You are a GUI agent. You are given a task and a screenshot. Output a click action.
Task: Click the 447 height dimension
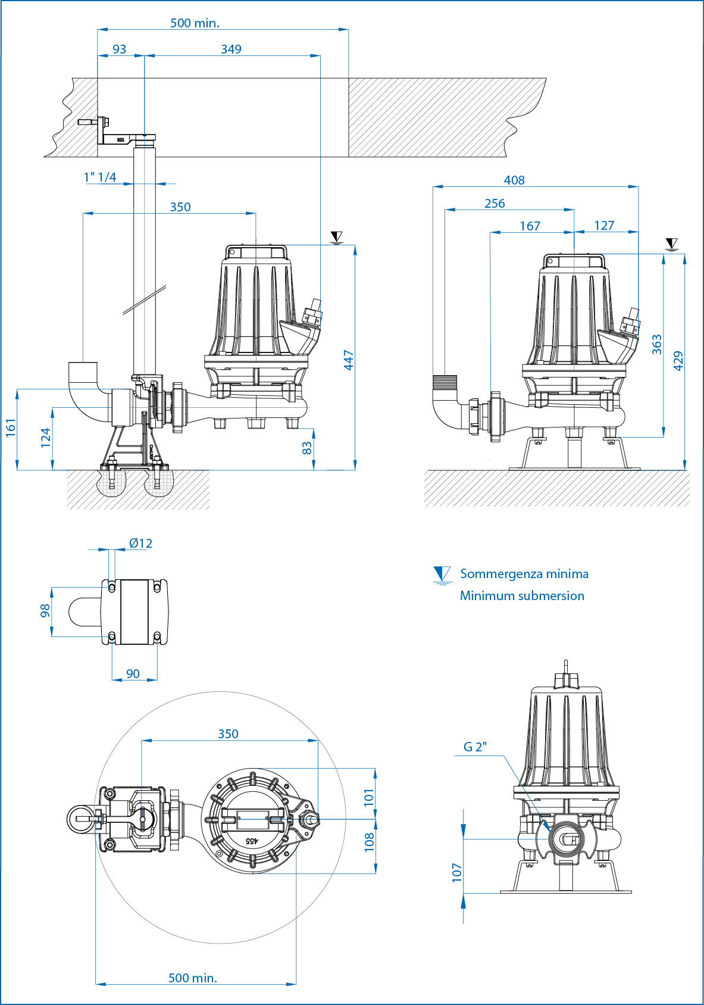click(349, 360)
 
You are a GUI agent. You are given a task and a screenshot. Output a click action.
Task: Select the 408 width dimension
click(514, 180)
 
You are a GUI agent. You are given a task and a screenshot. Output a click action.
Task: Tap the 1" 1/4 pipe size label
click(100, 177)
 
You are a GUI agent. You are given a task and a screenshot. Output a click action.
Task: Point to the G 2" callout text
click(475, 747)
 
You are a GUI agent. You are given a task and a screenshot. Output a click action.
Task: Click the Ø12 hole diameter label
click(141, 543)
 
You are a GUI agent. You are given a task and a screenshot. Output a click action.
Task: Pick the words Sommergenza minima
click(524, 574)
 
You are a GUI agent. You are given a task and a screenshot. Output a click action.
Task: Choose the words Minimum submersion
click(522, 595)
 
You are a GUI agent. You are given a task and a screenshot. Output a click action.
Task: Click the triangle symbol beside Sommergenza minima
click(442, 575)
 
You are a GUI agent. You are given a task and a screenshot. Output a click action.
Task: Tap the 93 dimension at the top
click(120, 49)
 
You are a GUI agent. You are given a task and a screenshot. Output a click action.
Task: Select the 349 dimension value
click(231, 49)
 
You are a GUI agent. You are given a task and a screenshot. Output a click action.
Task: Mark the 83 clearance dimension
click(307, 448)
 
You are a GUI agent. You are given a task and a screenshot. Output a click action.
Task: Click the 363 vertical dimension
click(657, 344)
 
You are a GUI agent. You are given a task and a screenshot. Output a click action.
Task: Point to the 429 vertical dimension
click(678, 361)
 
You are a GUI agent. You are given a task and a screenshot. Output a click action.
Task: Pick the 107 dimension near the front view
click(457, 872)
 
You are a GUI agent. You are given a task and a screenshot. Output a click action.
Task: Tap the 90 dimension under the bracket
click(133, 673)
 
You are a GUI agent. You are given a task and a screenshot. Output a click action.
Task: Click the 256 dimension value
click(495, 203)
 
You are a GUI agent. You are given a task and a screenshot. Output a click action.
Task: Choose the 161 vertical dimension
click(11, 427)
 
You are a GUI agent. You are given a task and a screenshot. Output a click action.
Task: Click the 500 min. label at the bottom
click(193, 978)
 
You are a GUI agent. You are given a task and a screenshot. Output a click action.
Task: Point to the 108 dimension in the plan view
click(370, 841)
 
